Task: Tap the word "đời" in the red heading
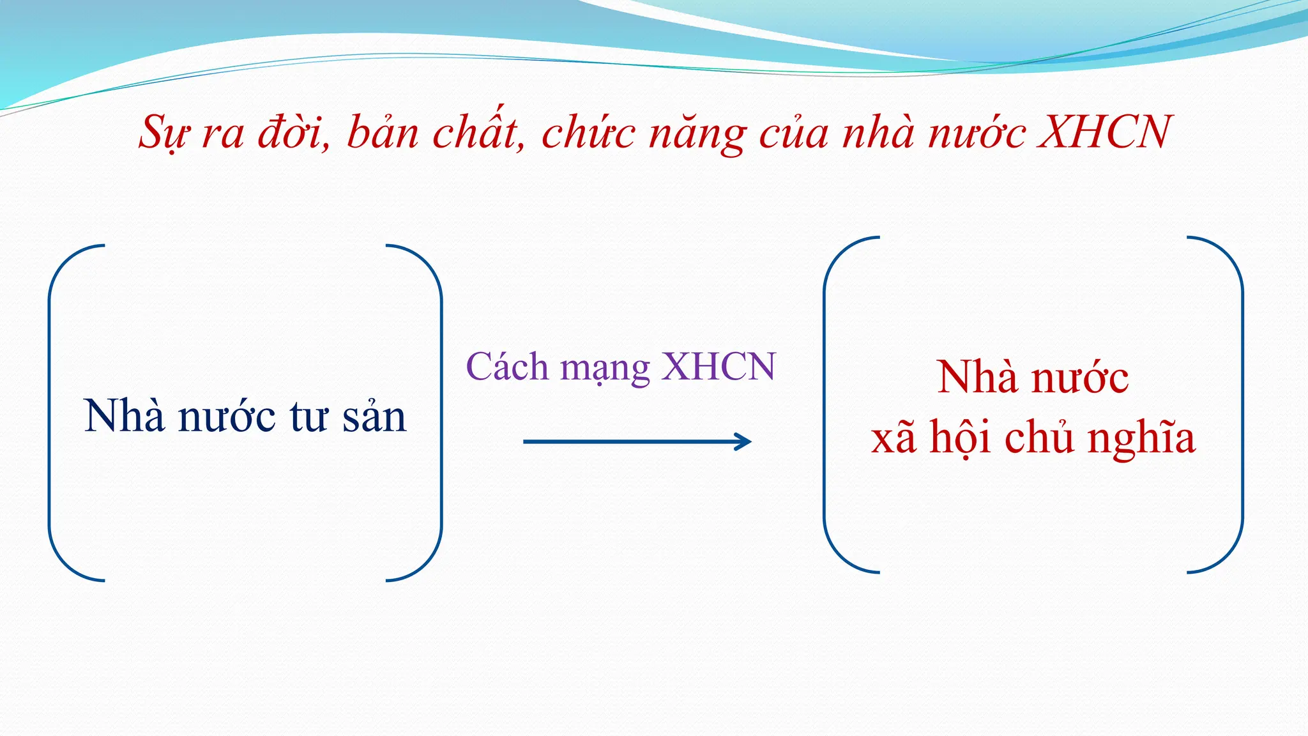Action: (x=293, y=132)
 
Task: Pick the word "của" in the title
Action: (x=793, y=132)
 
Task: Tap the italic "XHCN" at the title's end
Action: (x=1104, y=132)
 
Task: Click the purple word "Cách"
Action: (x=507, y=367)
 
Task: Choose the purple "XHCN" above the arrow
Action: (x=719, y=367)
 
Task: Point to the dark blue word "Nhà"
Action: (x=125, y=416)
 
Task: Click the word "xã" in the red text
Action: (x=894, y=438)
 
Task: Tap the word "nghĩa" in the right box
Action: (x=1141, y=440)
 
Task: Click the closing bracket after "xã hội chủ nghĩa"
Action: (x=1241, y=404)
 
